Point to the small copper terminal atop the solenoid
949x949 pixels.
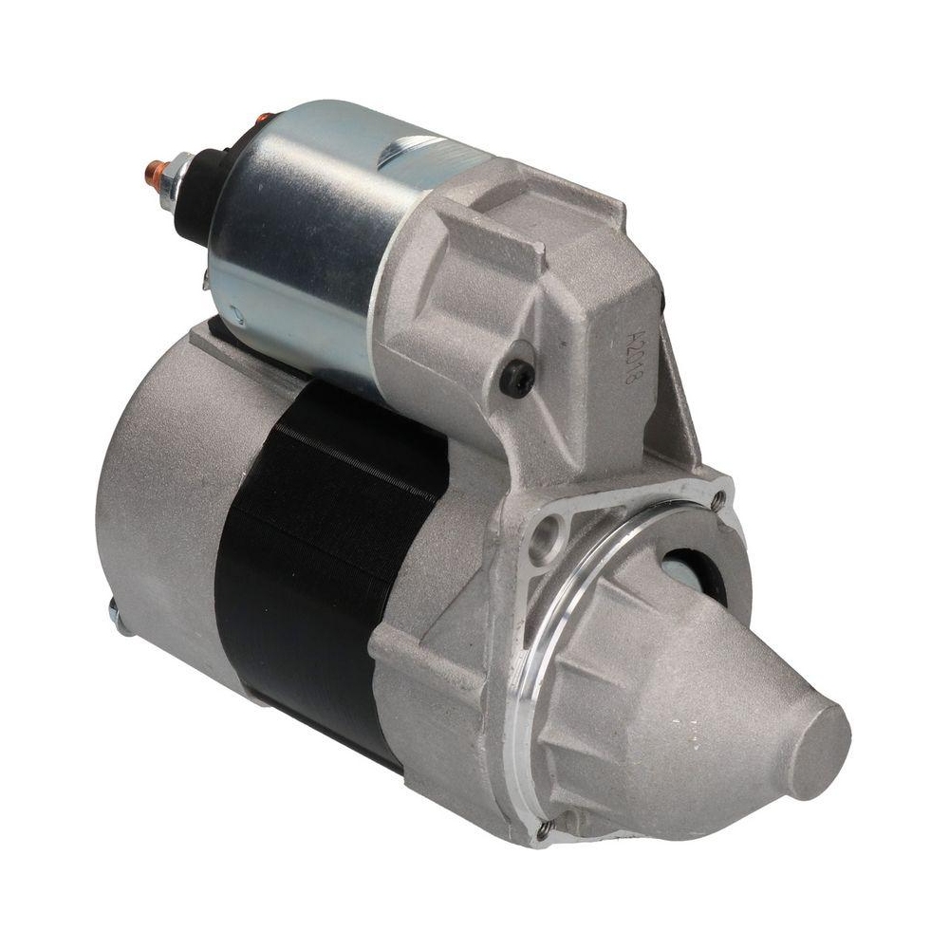(x=264, y=121)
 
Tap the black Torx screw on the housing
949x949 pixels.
(x=517, y=378)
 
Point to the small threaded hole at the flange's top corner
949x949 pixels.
(x=719, y=497)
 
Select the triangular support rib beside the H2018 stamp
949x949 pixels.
(x=679, y=399)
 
